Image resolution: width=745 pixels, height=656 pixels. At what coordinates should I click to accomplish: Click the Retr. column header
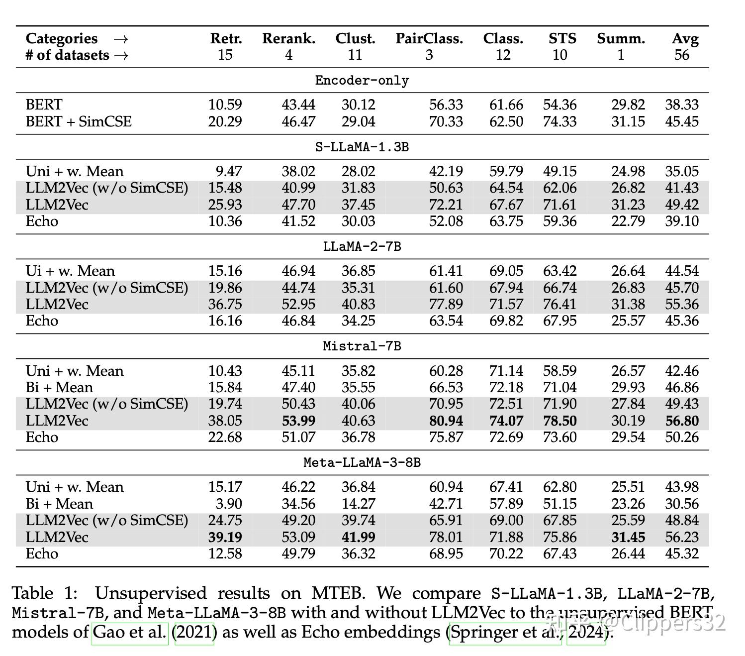click(226, 38)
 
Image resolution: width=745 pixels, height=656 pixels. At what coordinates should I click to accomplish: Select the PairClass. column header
click(429, 38)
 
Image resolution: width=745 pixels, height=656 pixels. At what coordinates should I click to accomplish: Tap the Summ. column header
click(621, 38)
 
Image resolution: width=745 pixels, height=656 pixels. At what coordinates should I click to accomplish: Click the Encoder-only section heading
click(362, 80)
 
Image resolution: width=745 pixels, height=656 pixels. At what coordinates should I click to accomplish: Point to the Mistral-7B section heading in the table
click(362, 346)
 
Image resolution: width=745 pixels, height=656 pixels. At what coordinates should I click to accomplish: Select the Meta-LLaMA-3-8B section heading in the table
click(362, 462)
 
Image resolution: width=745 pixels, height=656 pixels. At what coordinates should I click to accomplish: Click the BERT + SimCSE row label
click(78, 121)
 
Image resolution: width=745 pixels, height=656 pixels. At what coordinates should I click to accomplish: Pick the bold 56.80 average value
click(682, 421)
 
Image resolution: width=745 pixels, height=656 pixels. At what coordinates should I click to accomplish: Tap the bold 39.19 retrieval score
click(225, 537)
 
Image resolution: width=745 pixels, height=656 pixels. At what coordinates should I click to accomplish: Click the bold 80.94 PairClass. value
click(446, 421)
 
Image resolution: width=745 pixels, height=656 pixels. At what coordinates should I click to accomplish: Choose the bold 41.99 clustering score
click(359, 537)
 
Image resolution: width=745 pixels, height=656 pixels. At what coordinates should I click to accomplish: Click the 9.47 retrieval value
click(229, 171)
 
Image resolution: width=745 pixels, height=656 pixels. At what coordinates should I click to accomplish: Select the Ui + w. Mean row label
click(70, 271)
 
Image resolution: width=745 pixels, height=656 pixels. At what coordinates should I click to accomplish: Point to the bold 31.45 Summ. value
click(628, 537)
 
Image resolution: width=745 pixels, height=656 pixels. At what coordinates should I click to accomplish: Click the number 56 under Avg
click(682, 55)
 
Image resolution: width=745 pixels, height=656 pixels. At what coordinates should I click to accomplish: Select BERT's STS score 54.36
click(559, 105)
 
